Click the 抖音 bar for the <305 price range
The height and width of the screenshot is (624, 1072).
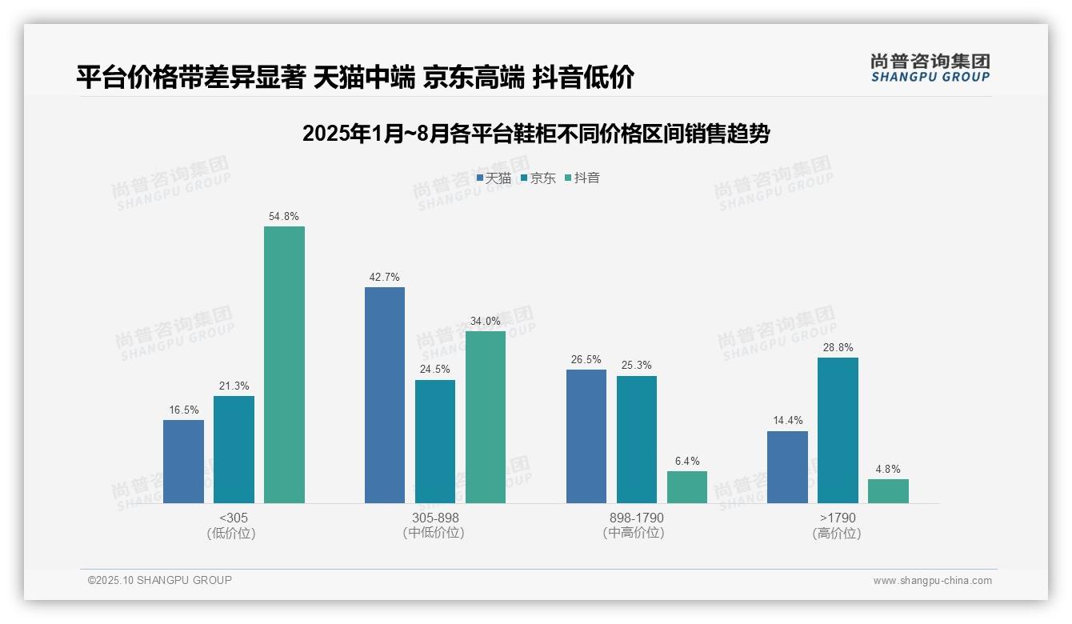coord(284,365)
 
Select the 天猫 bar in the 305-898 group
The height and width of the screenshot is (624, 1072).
coord(385,395)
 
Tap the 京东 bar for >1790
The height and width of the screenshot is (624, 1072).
coord(838,430)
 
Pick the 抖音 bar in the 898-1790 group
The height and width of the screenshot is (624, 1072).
coord(687,487)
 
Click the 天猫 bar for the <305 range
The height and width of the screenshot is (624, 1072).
coord(183,462)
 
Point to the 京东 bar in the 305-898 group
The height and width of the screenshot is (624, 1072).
coord(435,442)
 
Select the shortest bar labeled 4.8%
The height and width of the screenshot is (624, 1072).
coord(888,491)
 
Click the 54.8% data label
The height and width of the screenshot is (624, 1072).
coord(284,217)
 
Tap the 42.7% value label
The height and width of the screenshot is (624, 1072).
coord(385,278)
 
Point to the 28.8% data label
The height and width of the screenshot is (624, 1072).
coord(838,348)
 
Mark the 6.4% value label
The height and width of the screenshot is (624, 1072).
coord(687,462)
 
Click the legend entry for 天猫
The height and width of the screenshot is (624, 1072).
coord(494,178)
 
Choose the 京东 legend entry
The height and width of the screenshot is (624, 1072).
coord(538,178)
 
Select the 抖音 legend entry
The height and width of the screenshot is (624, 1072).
coord(582,178)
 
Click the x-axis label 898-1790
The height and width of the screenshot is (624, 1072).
coord(637,518)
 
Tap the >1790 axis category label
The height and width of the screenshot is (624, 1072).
coord(838,518)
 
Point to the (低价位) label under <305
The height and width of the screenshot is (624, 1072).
coord(231,534)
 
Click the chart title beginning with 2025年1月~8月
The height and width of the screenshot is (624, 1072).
coord(536,134)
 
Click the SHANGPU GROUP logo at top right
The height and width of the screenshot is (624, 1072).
coord(930,68)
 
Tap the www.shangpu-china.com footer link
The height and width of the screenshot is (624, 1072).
coord(932,581)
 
